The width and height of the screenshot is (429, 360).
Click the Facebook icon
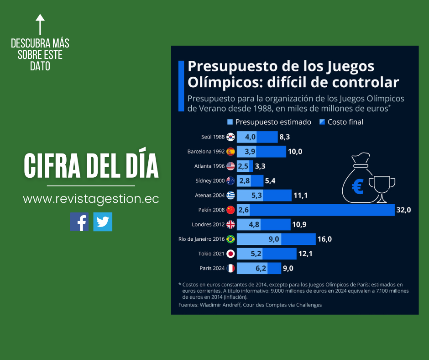pos(79,222)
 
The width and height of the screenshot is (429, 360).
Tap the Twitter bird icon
pos(103,222)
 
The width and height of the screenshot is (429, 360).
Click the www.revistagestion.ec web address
pos(91,199)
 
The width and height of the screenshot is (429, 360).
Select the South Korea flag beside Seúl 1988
pos(230,137)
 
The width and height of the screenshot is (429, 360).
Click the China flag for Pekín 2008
pos(230,210)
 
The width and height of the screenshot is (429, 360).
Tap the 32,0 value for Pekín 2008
pos(404,210)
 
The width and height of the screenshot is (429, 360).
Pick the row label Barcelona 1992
pos(206,152)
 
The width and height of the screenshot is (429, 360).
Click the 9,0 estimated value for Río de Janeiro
pos(274,239)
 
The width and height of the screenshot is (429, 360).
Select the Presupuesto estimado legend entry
pos(269,122)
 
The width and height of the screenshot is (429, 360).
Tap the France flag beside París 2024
pos(230,268)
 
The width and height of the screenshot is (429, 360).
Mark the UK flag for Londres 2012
pos(230,224)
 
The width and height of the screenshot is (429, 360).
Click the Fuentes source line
pos(250,305)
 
